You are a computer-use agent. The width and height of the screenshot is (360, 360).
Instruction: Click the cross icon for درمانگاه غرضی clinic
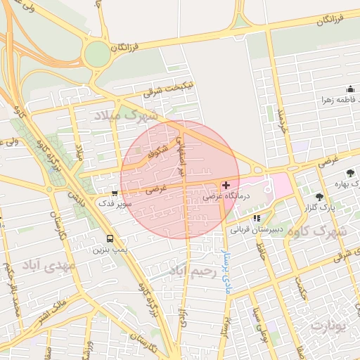pyautogui.click(x=226, y=186)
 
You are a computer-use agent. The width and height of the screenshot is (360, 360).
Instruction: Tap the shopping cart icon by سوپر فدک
pyautogui.click(x=115, y=193)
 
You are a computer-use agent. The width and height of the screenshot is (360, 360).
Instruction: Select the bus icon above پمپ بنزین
pyautogui.click(x=109, y=238)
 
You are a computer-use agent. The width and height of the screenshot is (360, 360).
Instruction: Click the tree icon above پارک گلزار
pyautogui.click(x=320, y=198)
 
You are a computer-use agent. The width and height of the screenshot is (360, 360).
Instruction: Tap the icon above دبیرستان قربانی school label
pyautogui.click(x=257, y=218)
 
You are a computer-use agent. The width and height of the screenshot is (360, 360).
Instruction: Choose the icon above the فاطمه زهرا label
pyautogui.click(x=350, y=89)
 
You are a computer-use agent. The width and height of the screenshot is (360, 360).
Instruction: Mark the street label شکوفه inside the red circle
pyautogui.click(x=155, y=150)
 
